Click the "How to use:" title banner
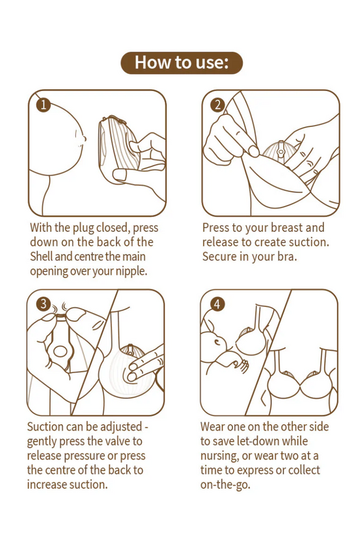181,63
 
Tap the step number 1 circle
43,104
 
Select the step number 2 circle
217,105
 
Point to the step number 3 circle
43,304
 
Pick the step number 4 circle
217,304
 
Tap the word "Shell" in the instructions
41,257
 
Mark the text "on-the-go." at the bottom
225,485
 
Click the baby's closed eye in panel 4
217,342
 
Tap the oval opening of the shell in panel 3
60,351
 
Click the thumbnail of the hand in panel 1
118,174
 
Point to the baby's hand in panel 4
241,366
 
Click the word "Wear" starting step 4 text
213,427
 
